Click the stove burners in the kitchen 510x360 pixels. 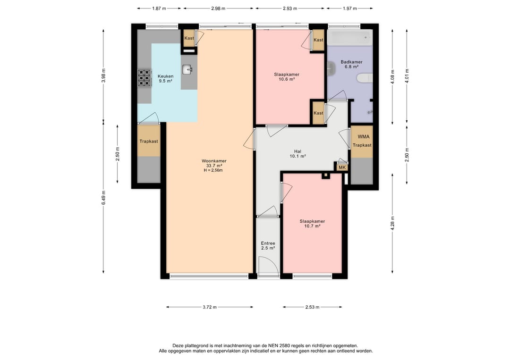(144, 78)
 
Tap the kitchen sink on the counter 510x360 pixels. (187, 69)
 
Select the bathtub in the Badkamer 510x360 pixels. (349, 37)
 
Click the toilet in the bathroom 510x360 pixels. (365, 78)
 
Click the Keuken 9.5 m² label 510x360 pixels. (166, 79)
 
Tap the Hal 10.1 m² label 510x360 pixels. (297, 154)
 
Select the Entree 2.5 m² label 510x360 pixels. (268, 245)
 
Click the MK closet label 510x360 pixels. (342, 167)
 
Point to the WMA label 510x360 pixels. (363, 137)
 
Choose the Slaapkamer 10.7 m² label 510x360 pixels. (312, 224)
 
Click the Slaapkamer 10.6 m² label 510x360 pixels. (287, 77)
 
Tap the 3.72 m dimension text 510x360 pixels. (210, 307)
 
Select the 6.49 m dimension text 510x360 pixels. (103, 198)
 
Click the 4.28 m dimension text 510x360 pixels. (392, 223)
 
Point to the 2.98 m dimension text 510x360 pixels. (218, 8)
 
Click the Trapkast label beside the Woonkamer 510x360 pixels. (149, 142)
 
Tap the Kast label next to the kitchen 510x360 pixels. (189, 38)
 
